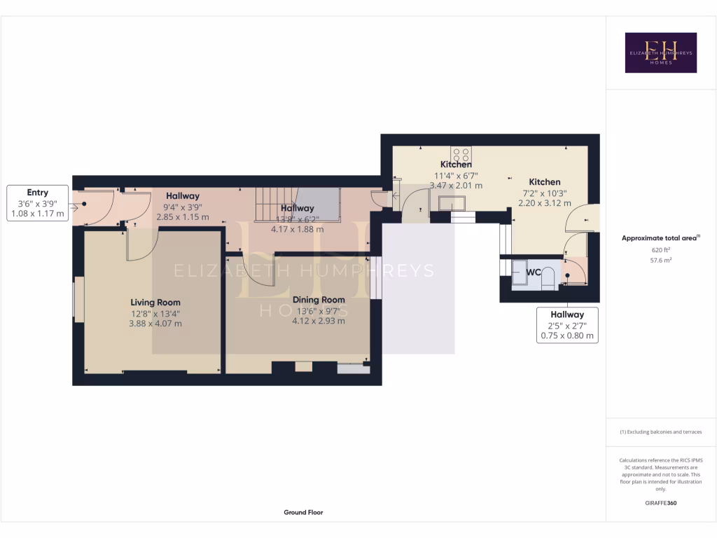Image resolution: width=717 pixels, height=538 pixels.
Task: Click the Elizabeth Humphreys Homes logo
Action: tap(660, 53)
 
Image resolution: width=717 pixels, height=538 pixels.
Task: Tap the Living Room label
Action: tap(155, 302)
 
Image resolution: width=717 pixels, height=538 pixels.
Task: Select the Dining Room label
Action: tap(319, 299)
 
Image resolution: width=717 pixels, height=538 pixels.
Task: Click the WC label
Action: tap(532, 272)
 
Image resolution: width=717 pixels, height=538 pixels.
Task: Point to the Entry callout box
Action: tap(38, 203)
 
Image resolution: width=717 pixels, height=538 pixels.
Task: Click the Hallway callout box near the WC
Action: tap(566, 325)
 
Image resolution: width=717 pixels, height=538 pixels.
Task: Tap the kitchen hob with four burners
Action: tap(461, 154)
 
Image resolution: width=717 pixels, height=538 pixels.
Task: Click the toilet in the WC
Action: tap(548, 276)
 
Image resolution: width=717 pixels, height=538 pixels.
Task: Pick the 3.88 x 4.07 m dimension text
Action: tap(155, 324)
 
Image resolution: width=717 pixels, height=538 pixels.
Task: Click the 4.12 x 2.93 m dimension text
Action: tap(319, 321)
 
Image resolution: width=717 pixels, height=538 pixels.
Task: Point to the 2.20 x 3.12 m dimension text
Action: tap(544, 203)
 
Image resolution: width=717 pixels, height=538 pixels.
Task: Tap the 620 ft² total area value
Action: tap(660, 249)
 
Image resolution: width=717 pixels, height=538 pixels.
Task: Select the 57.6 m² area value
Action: tap(660, 260)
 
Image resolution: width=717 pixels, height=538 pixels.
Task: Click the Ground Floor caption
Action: tap(303, 512)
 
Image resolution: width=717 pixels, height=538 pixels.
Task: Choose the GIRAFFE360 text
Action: tap(660, 503)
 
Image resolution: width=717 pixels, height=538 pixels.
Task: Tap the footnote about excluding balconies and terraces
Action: tap(660, 432)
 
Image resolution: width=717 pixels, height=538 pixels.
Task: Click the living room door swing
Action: tap(142, 244)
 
